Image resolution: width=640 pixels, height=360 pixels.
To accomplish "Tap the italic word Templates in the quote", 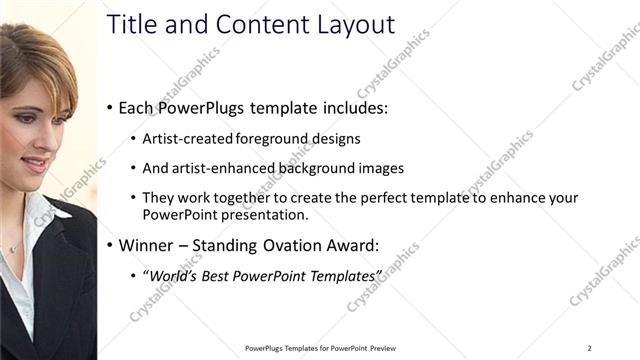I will coord(348,274).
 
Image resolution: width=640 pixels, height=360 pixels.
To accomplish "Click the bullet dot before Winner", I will coord(110,244).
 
